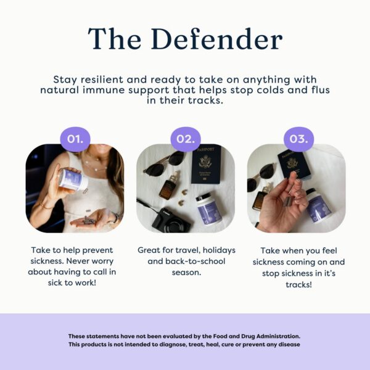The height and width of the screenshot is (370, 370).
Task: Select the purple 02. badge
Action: (185, 139)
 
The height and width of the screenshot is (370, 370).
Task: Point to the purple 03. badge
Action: (298, 139)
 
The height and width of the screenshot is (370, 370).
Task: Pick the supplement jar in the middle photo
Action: (210, 210)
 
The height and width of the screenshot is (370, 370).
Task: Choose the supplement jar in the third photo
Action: (321, 205)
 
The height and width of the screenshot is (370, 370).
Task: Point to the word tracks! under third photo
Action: (298, 285)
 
